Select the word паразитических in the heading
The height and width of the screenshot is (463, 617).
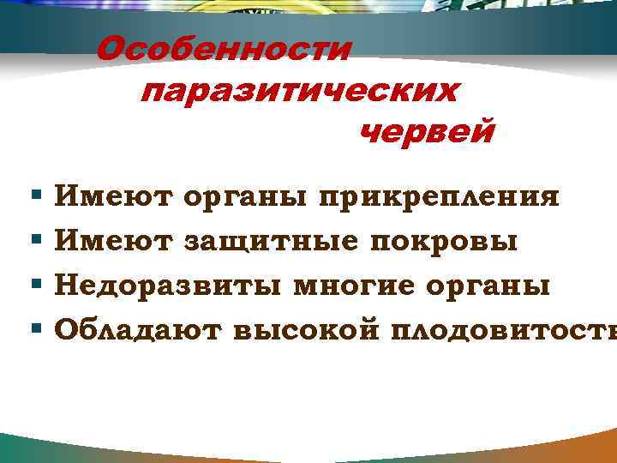tap(299, 91)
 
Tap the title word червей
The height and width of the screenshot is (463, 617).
tap(426, 133)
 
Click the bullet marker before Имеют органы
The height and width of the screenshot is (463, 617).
tap(35, 198)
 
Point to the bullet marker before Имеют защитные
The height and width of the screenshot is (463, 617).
tap(35, 241)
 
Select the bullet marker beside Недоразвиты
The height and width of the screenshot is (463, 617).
tap(35, 284)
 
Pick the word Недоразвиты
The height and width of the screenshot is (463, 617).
tap(169, 285)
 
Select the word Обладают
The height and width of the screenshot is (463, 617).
tap(137, 328)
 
